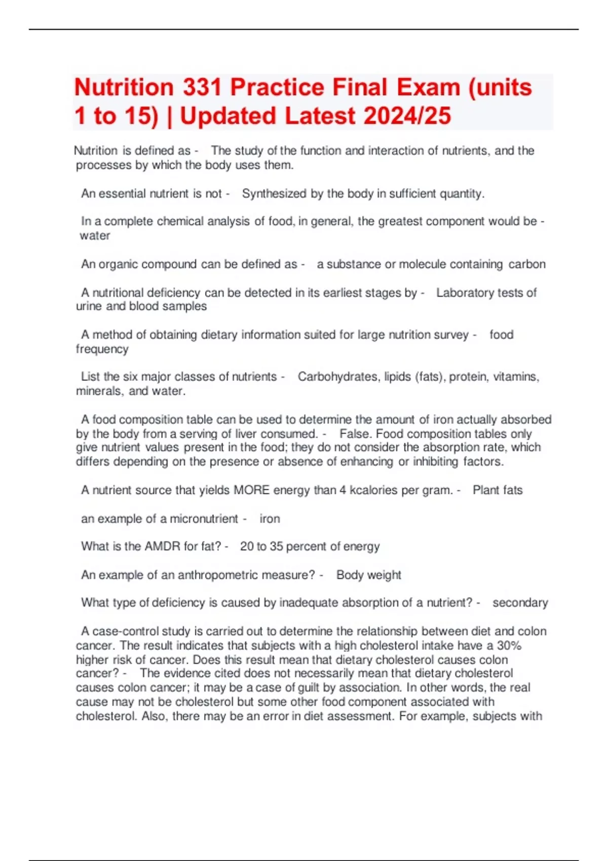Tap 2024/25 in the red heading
(x=407, y=115)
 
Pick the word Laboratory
(x=465, y=293)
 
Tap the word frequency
(x=102, y=349)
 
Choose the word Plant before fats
(x=484, y=490)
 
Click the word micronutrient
(x=204, y=519)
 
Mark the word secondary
(x=520, y=603)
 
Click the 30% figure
(x=509, y=645)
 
